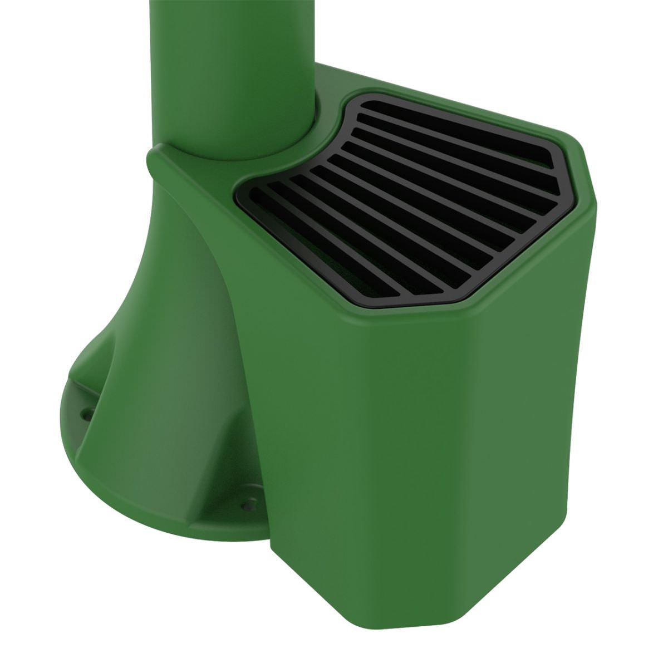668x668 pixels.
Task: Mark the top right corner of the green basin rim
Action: pyautogui.click(x=584, y=156)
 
